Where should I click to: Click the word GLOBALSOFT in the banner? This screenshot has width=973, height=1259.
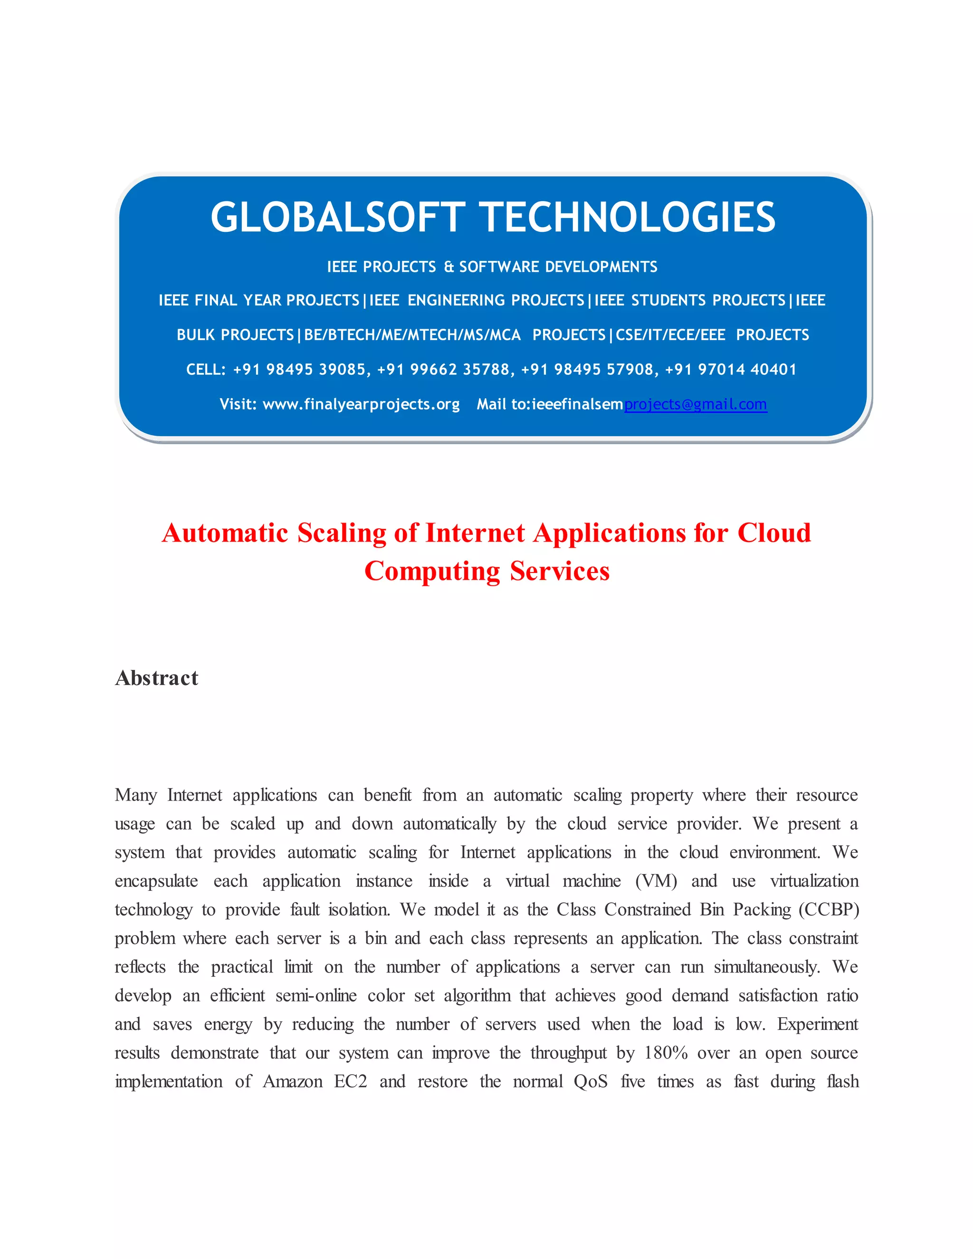(338, 218)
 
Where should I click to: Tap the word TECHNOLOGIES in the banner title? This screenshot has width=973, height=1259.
(627, 218)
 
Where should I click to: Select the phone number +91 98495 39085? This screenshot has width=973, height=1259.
(300, 370)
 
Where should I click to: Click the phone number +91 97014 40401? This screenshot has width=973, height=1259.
(731, 370)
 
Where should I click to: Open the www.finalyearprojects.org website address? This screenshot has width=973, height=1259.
(361, 404)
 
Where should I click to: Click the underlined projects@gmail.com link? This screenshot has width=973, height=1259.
(695, 404)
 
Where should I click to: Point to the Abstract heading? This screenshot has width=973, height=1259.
(157, 678)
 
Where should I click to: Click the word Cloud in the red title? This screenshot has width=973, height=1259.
(774, 533)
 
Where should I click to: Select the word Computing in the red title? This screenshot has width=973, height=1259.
(432, 571)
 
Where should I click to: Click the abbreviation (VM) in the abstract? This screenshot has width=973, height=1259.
(656, 881)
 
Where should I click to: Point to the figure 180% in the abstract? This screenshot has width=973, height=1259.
(666, 1053)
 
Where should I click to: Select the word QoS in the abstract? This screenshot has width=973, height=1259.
(590, 1081)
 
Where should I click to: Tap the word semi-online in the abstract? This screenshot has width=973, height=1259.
(316, 995)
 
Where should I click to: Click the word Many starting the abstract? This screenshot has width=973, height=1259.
(136, 795)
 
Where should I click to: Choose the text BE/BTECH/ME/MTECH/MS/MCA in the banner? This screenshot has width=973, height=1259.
(412, 335)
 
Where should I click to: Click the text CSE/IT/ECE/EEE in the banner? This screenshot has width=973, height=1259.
(670, 335)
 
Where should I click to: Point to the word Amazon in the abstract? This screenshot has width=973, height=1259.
(293, 1081)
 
